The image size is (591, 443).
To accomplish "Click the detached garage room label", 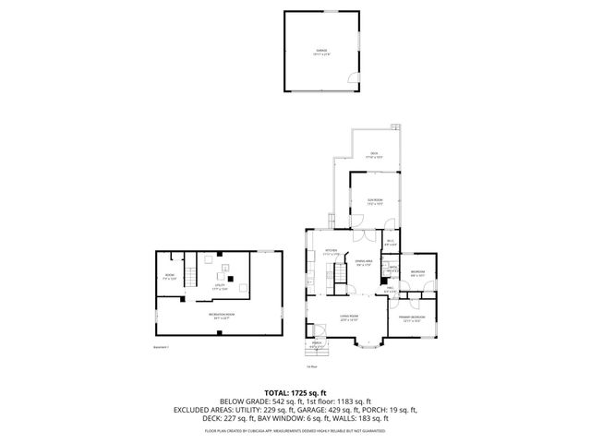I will [x=323, y=52].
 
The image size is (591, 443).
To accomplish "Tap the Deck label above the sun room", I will [x=374, y=155].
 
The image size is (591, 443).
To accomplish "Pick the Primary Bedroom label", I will [x=410, y=318].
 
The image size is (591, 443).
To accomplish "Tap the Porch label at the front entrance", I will [x=317, y=346].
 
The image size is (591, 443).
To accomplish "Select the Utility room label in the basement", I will [x=220, y=287].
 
